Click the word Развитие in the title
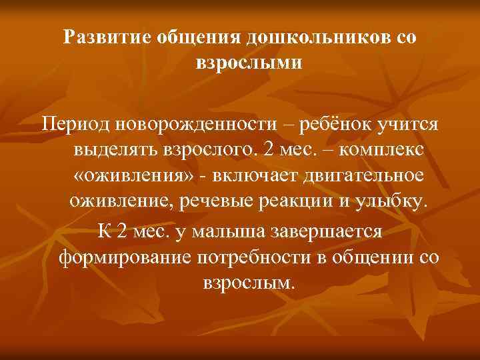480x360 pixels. (x=107, y=37)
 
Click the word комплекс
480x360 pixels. (x=381, y=151)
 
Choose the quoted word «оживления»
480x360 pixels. (x=122, y=177)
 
